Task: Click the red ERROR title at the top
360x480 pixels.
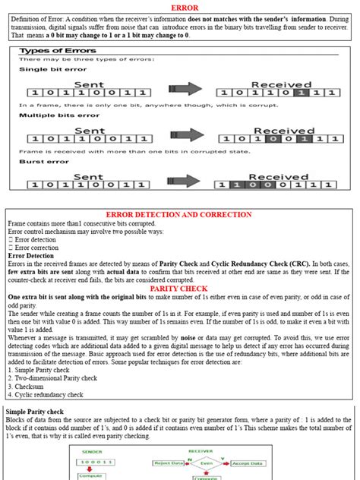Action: tap(179, 8)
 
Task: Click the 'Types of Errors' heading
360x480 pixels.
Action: tap(52, 51)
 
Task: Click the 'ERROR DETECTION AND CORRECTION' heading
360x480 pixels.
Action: tap(179, 216)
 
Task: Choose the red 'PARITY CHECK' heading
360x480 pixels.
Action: tap(179, 289)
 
